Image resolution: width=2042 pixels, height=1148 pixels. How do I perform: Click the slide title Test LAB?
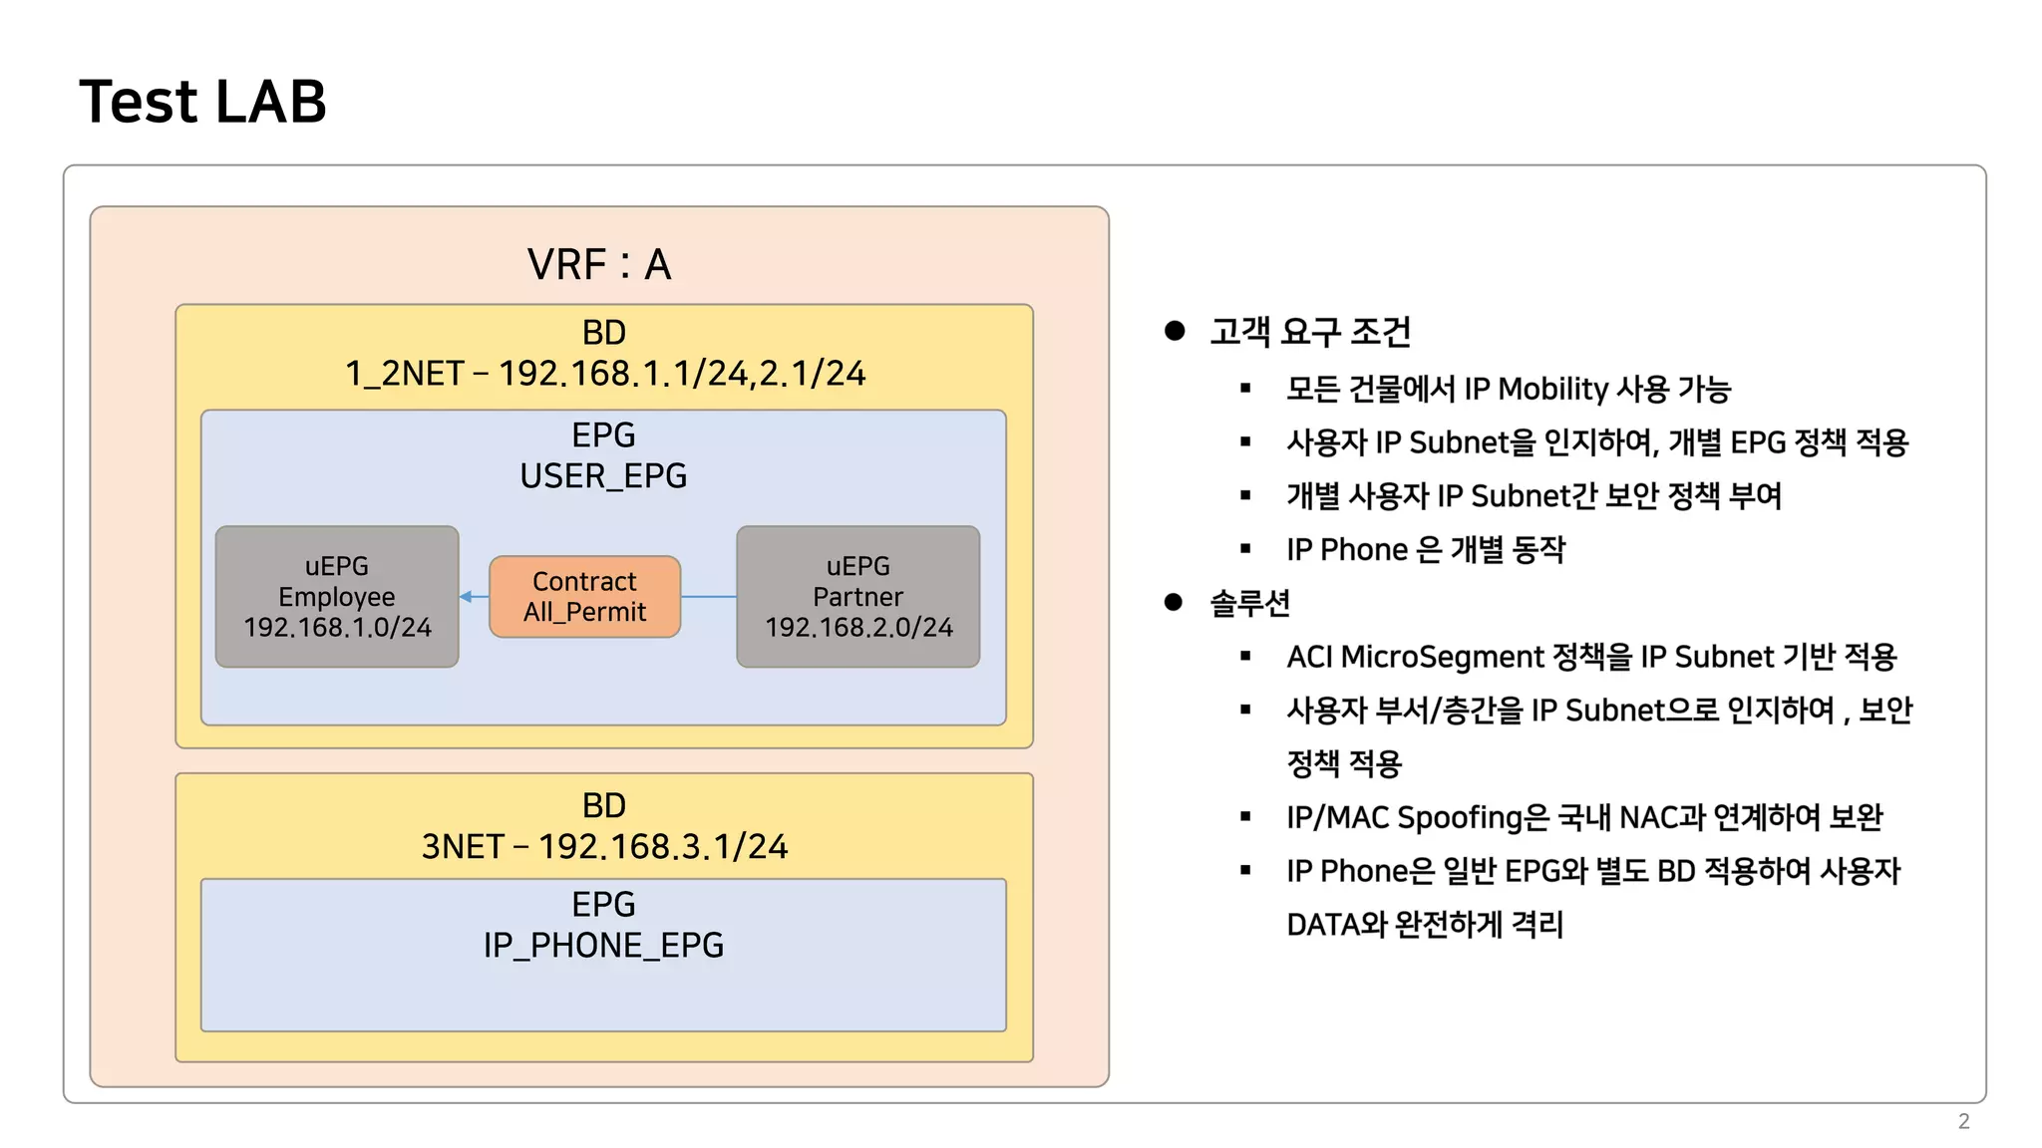(202, 102)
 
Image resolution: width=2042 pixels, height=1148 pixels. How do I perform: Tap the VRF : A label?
(599, 265)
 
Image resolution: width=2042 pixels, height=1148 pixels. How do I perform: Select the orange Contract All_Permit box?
(584, 597)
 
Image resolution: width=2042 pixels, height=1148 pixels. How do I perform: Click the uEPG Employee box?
(337, 596)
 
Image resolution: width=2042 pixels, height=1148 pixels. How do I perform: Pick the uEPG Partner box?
(857, 596)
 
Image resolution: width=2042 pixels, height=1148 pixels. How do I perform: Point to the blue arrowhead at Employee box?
(466, 597)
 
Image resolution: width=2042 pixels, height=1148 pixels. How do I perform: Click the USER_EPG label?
(603, 476)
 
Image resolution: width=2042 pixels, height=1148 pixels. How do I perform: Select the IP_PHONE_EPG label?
(603, 945)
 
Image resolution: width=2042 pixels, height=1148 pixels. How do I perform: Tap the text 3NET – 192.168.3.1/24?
(604, 847)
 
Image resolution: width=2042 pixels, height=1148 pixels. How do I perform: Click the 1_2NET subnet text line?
(605, 374)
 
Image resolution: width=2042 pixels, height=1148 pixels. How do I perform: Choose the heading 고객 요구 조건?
(1310, 332)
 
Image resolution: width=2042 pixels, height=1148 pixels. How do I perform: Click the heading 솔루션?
(1250, 603)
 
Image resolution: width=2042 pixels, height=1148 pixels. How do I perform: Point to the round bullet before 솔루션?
(1174, 602)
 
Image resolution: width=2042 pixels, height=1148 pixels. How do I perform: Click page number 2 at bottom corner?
(1963, 1121)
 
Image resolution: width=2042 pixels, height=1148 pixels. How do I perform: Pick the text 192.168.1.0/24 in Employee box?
(337, 628)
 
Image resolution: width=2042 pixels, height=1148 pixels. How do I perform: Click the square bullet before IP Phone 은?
(1245, 549)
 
